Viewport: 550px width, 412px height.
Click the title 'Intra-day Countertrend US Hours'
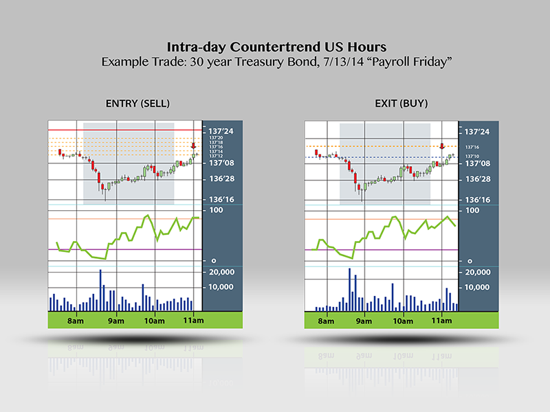(x=276, y=47)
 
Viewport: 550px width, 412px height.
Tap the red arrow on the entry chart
(x=194, y=146)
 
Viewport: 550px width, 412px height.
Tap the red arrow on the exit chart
(x=442, y=146)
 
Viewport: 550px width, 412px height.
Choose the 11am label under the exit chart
(x=441, y=321)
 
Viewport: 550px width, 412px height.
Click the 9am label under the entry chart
(x=115, y=321)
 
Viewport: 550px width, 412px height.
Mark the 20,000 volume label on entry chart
(x=221, y=272)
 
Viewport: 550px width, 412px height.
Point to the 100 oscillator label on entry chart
(x=214, y=209)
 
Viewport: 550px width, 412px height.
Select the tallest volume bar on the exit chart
(x=350, y=289)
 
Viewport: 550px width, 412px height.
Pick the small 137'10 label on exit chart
(x=472, y=156)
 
